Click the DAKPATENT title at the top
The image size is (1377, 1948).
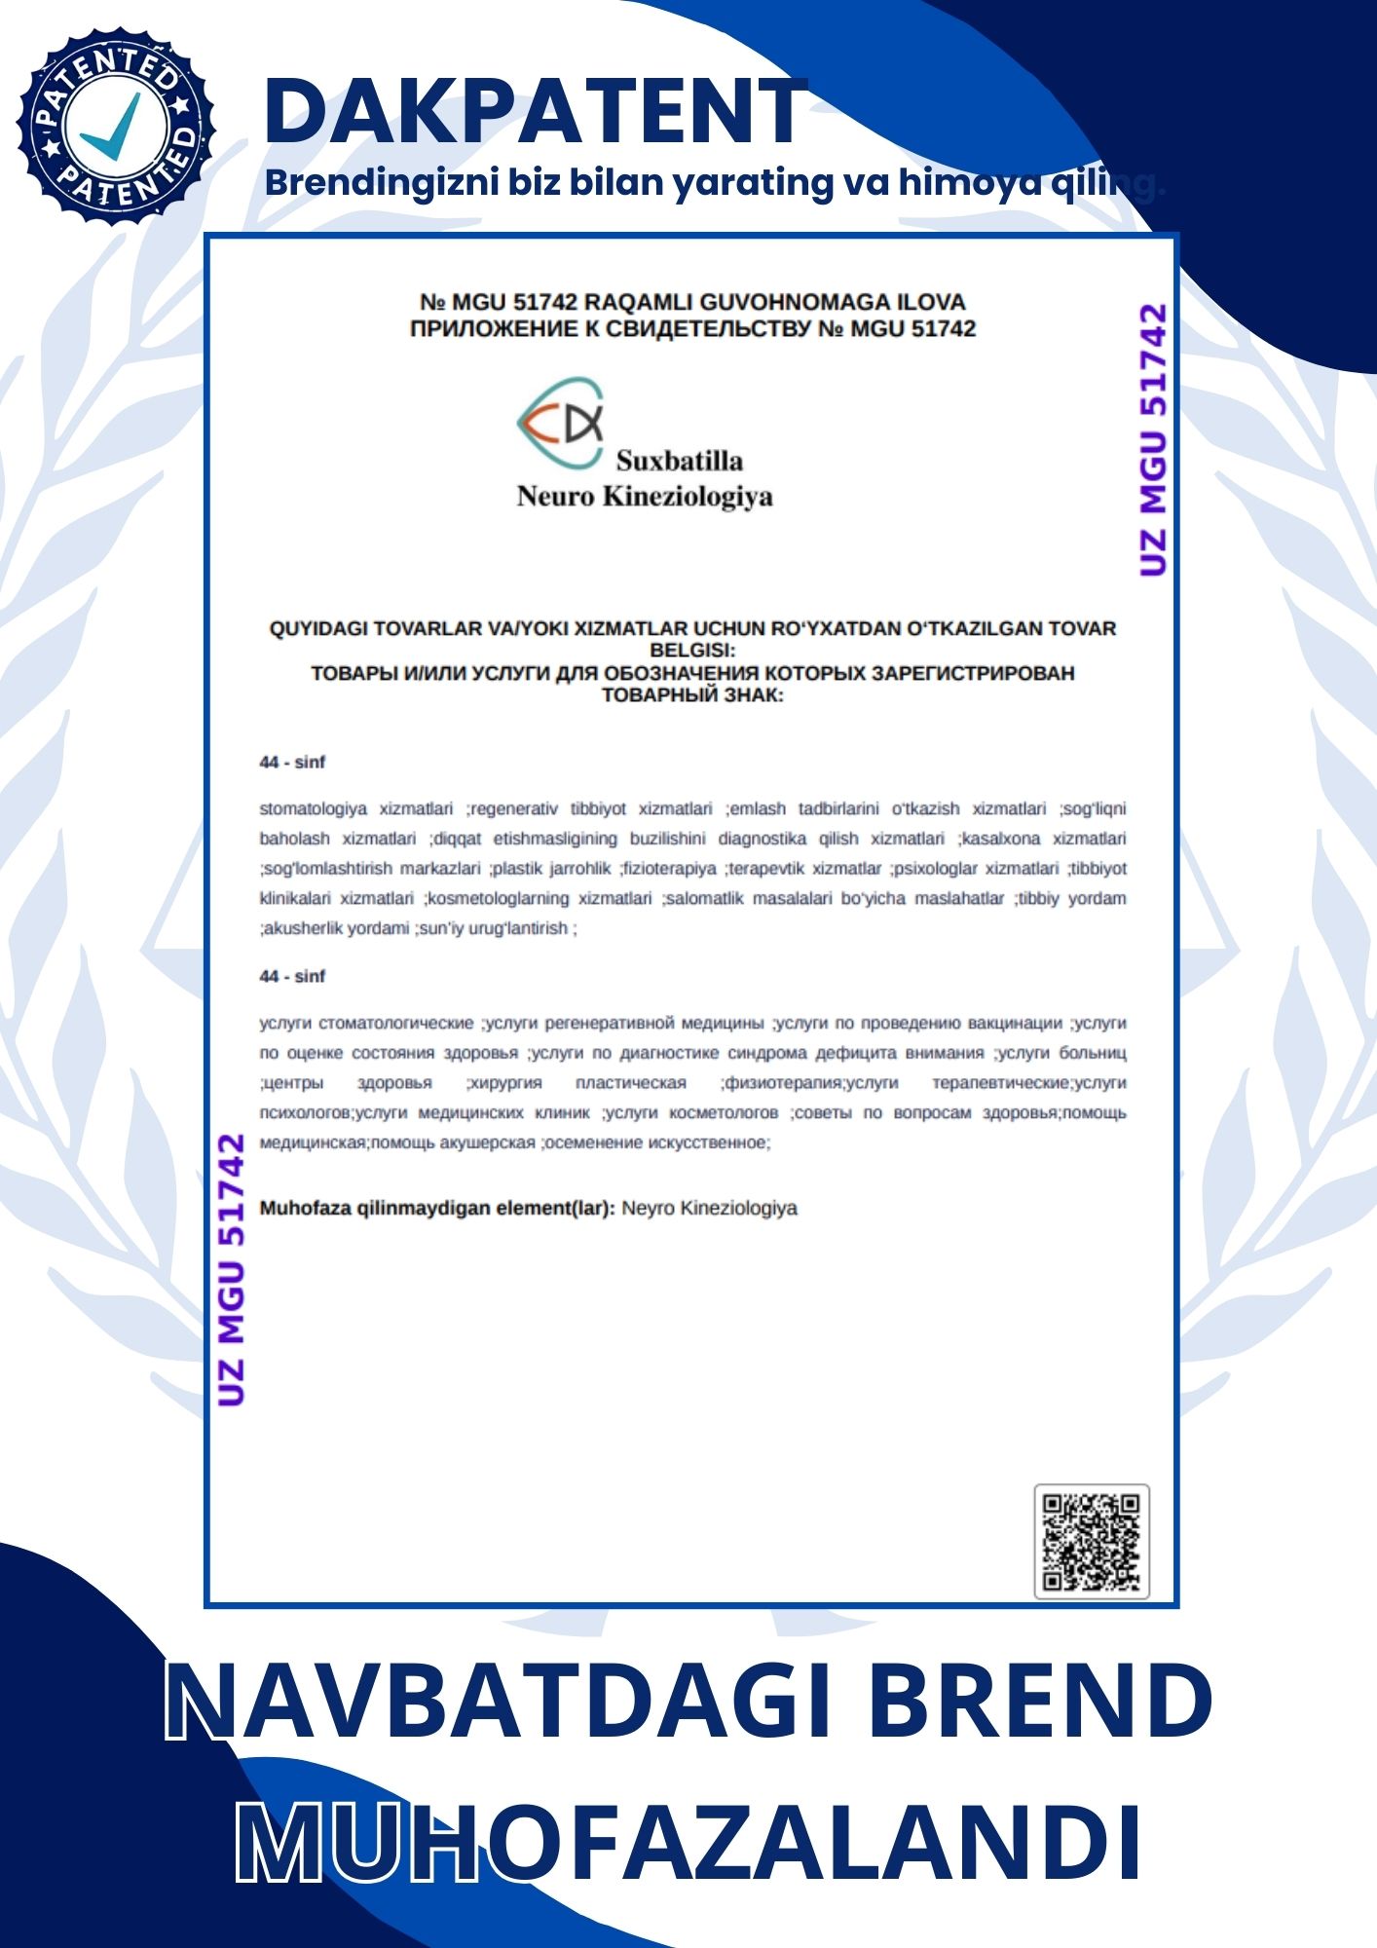535,111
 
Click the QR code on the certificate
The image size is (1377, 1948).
1091,1542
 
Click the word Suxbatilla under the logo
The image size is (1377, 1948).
679,461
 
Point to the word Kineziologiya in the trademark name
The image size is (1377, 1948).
688,497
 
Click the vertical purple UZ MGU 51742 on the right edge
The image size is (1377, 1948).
1152,440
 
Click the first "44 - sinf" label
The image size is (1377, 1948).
292,763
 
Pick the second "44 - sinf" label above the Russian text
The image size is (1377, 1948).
292,977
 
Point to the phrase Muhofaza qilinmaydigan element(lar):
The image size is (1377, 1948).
437,1209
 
